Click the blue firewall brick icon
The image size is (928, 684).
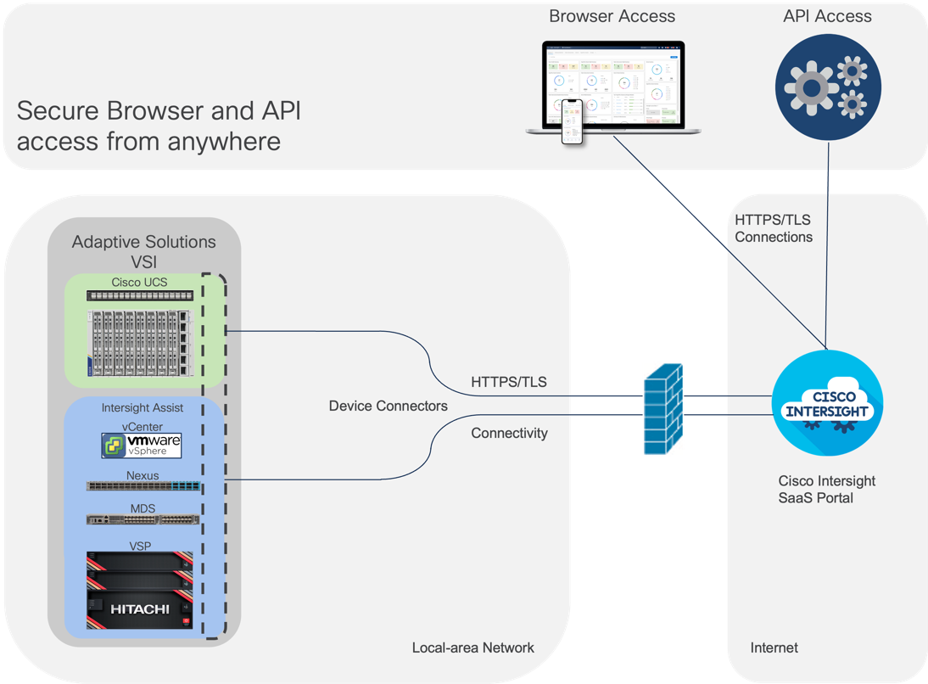click(662, 409)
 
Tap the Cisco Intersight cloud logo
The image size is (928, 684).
click(827, 405)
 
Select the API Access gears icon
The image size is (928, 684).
click(827, 87)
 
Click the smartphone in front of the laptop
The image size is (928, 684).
click(573, 122)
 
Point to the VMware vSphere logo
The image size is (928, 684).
click(142, 446)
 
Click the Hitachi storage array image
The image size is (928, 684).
click(140, 591)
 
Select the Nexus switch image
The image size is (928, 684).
click(143, 487)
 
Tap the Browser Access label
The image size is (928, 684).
click(612, 16)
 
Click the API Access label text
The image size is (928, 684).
click(828, 16)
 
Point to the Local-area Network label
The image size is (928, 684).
click(472, 648)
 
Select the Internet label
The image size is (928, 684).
click(774, 648)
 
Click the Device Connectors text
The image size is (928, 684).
click(388, 406)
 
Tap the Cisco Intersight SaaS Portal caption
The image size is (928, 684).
click(826, 489)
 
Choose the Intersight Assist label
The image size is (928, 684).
click(142, 408)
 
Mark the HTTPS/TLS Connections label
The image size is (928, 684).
click(773, 228)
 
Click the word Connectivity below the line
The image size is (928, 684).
click(509, 433)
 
